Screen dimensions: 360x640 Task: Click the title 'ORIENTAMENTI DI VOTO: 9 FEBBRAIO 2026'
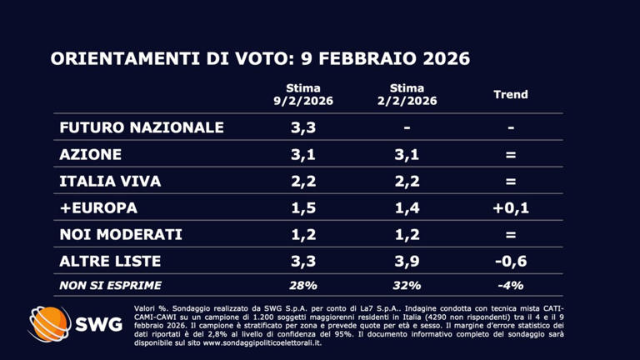click(x=260, y=59)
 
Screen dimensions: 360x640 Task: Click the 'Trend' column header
click(x=511, y=95)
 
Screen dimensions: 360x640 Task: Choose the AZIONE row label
click(x=91, y=154)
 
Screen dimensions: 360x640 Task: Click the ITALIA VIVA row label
click(x=110, y=181)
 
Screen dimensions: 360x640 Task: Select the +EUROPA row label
click(x=98, y=207)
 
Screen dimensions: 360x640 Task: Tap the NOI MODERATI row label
click(x=120, y=234)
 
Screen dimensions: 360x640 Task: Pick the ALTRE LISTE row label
click(x=110, y=261)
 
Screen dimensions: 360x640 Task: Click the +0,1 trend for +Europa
click(x=511, y=207)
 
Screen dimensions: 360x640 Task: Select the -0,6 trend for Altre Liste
click(x=511, y=261)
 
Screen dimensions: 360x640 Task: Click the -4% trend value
click(x=511, y=285)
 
